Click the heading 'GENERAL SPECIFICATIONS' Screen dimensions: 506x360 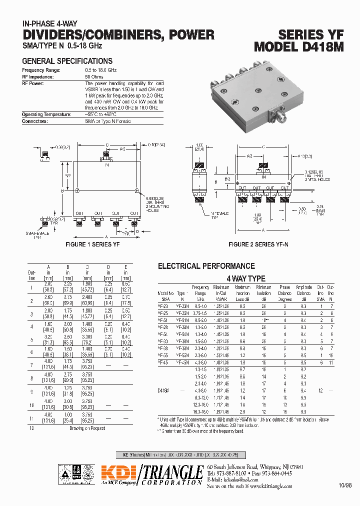click(x=67, y=61)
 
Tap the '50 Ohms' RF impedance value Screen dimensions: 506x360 click(x=94, y=77)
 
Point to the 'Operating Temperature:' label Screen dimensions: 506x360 click(x=46, y=114)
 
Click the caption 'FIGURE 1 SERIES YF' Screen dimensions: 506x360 click(x=92, y=244)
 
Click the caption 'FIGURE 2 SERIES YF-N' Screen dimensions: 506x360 click(x=258, y=244)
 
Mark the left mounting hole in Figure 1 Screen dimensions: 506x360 click(x=76, y=190)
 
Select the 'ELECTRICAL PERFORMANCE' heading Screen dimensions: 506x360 click(x=206, y=266)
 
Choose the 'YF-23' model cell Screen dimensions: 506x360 click(x=163, y=305)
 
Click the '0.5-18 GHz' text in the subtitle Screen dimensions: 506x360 click(x=84, y=45)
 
